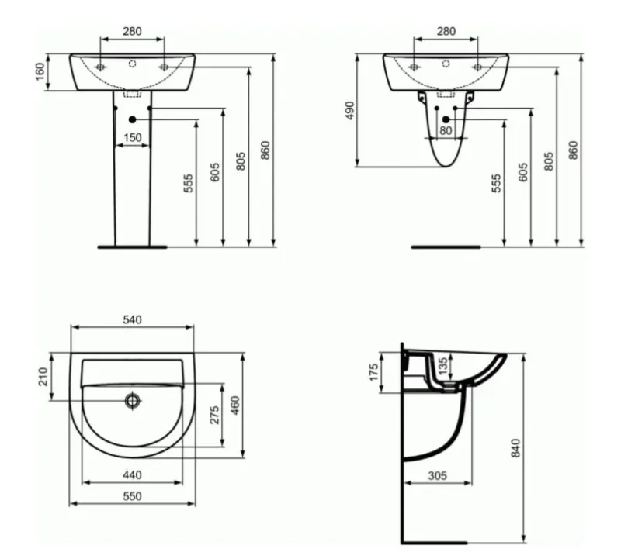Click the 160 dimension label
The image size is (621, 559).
(40, 71)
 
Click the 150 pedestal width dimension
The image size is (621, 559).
(132, 137)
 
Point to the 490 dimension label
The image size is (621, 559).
(350, 110)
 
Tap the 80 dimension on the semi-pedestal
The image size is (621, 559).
(446, 130)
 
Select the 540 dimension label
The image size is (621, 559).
(132, 319)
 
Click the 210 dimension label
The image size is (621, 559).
(43, 377)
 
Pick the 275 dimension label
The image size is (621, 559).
(214, 415)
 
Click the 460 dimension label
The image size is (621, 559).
(235, 405)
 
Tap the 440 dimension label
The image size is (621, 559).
(132, 474)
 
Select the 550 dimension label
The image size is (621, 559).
(132, 495)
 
